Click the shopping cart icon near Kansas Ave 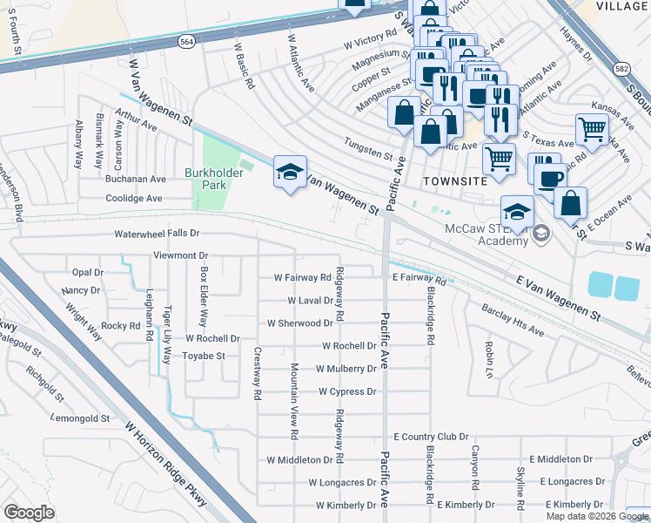[x=592, y=130]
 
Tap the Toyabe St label [x=204, y=356]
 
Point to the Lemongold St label [x=80, y=418]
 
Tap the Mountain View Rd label [x=294, y=400]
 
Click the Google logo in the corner [x=29, y=513]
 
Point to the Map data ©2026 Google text [x=597, y=516]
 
